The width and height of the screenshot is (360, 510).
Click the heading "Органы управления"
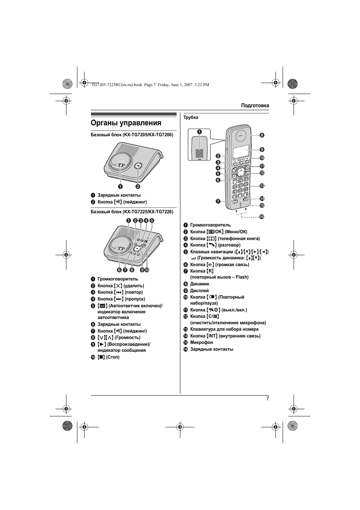click(x=126, y=123)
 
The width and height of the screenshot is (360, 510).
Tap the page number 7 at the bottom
click(x=268, y=399)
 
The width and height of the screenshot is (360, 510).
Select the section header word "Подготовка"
click(x=255, y=106)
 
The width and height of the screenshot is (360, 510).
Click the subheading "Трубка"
click(x=191, y=117)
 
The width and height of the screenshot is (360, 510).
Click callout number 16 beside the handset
click(x=261, y=217)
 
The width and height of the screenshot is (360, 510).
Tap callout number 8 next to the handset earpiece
click(x=262, y=135)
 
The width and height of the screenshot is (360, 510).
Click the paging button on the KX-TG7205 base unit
click(x=138, y=165)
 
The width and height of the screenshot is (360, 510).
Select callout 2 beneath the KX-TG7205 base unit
click(x=138, y=186)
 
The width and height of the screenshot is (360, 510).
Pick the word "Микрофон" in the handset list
click(x=202, y=342)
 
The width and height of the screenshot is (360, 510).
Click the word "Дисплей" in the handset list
click(x=199, y=291)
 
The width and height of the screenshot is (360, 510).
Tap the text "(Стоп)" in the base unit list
click(x=113, y=357)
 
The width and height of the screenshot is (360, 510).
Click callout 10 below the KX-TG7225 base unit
click(x=147, y=270)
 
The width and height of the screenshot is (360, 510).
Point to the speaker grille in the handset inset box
click(x=199, y=153)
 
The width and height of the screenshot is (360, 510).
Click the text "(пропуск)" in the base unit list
click(x=135, y=299)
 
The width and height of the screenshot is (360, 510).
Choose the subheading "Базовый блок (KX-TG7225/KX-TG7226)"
click(x=132, y=212)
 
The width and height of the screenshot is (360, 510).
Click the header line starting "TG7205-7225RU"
click(x=150, y=85)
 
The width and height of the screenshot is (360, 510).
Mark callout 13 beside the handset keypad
click(x=262, y=186)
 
